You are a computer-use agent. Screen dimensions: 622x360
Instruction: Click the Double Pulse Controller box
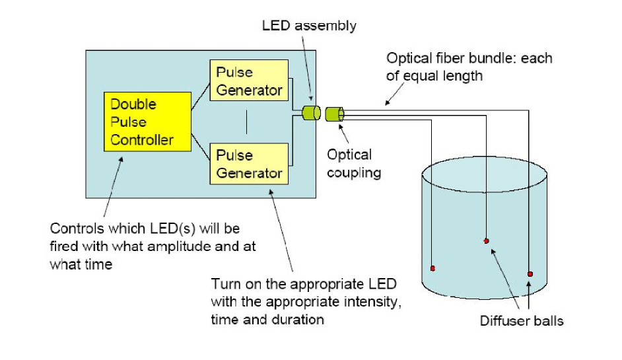coord(147,122)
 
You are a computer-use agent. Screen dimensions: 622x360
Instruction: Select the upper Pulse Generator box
coord(249,80)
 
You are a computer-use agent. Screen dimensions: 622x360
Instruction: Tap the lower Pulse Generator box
coord(249,164)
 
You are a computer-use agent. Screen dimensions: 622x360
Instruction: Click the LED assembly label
coord(309,26)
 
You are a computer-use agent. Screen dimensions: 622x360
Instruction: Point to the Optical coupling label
coord(354,164)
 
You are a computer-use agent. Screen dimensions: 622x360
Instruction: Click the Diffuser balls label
coord(522,321)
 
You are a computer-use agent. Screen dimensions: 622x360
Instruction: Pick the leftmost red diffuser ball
coord(432,269)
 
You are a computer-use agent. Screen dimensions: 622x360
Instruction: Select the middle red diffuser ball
coord(487,241)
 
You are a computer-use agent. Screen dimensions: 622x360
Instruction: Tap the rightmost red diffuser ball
coord(530,274)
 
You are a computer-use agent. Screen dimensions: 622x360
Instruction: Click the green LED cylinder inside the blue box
coord(312,113)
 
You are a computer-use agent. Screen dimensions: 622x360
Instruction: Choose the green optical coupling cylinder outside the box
coord(334,114)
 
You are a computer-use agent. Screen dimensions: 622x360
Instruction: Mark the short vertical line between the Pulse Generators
coord(247,122)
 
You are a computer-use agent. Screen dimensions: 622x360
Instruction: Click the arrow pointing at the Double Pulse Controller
coord(113,186)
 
